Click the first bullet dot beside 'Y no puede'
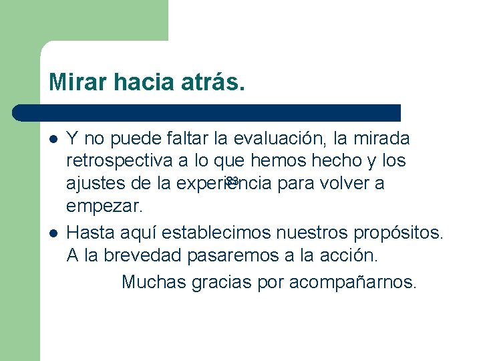[53, 140]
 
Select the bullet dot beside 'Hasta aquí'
[53, 233]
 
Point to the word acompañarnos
[353, 283]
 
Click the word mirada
[381, 139]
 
